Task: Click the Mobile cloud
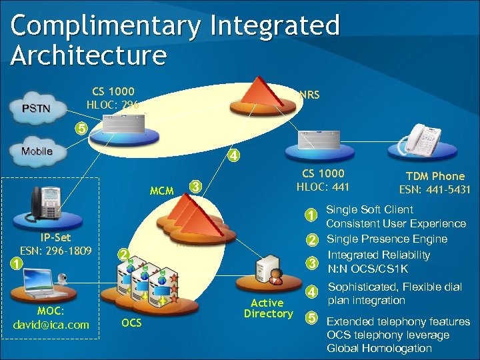point(37,151)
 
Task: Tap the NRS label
point(309,95)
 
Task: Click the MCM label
point(161,191)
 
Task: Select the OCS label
point(131,323)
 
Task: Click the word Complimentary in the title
point(105,26)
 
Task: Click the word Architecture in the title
point(88,55)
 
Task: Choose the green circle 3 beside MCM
point(194,186)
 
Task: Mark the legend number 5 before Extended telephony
point(310,317)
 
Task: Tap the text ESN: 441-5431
point(435,189)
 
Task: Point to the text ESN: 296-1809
point(55,251)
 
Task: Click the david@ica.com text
point(51,325)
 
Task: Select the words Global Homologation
point(379,348)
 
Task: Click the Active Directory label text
point(268,308)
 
